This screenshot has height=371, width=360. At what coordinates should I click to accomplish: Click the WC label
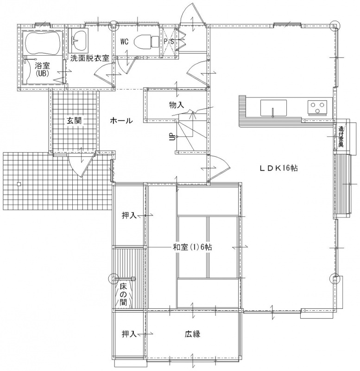click(124, 42)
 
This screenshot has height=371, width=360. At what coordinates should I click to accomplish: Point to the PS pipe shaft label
click(169, 42)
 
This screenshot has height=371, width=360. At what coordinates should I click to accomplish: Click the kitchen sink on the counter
click(273, 108)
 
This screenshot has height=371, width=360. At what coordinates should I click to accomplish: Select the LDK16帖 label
click(278, 168)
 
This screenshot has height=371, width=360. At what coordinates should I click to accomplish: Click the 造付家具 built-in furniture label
click(341, 137)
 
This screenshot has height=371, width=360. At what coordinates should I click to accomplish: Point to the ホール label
click(121, 121)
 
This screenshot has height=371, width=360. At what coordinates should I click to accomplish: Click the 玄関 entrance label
click(74, 121)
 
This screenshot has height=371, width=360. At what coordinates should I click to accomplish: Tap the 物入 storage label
click(177, 105)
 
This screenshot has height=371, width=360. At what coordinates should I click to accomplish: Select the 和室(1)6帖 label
click(192, 247)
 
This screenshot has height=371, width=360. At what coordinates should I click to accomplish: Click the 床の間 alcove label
click(123, 294)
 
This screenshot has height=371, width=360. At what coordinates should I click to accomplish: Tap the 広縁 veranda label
click(192, 334)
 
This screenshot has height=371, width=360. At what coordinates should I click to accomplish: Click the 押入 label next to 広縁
click(129, 334)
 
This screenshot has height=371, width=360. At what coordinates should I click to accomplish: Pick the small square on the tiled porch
click(19, 184)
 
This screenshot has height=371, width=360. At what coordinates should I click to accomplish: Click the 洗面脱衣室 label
click(89, 58)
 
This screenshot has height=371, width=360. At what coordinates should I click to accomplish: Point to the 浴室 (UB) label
click(43, 69)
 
